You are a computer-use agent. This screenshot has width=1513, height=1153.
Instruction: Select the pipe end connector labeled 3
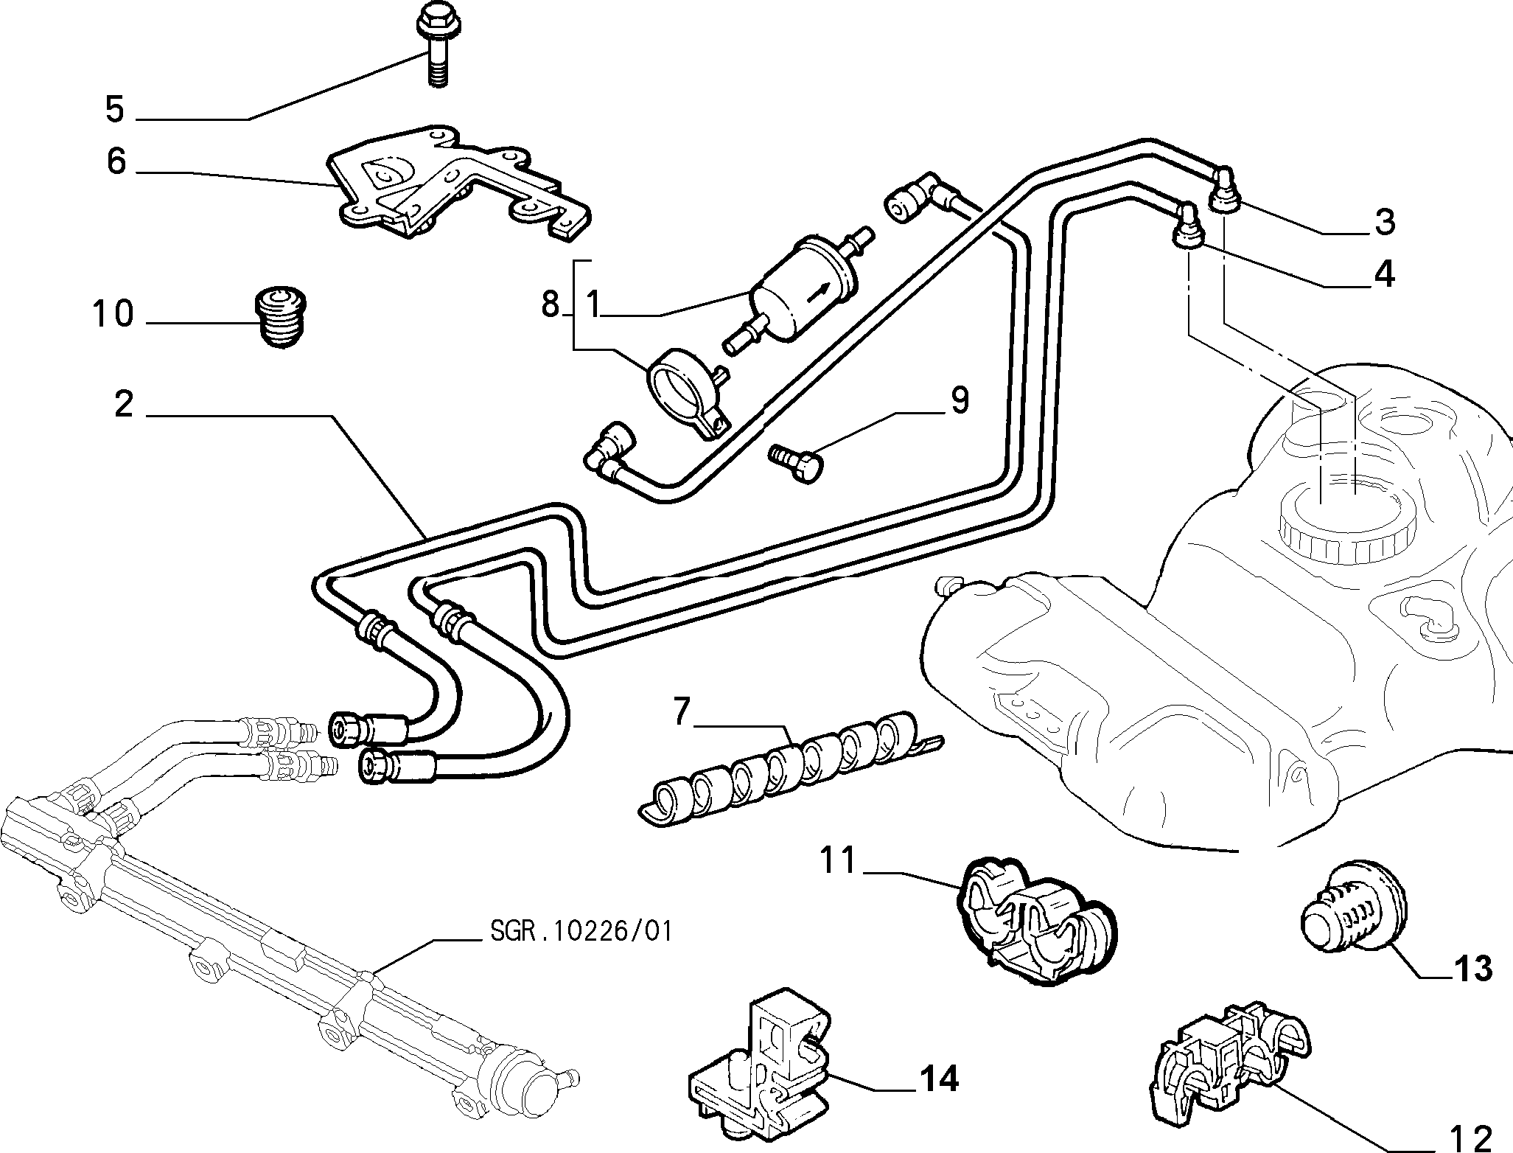(x=1225, y=189)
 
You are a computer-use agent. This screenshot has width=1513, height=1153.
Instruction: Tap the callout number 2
(x=124, y=405)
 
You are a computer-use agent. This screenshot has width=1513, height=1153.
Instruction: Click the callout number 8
(x=551, y=303)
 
